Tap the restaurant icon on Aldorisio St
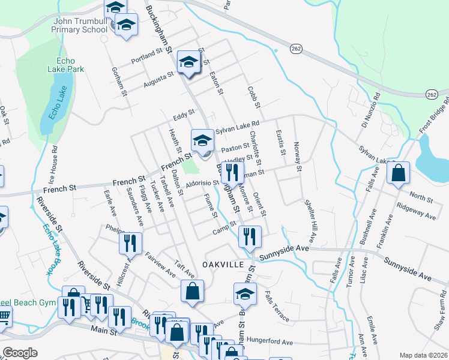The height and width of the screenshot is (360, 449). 233,173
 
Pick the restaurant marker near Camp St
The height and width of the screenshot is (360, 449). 249,236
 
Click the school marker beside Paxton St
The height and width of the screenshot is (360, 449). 202,141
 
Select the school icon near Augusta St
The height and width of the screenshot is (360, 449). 188,62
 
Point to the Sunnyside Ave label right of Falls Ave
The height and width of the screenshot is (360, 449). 408,269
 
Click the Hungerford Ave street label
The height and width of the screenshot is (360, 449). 269,341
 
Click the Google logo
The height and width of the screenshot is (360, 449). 20,352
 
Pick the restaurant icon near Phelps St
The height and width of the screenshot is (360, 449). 129,242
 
